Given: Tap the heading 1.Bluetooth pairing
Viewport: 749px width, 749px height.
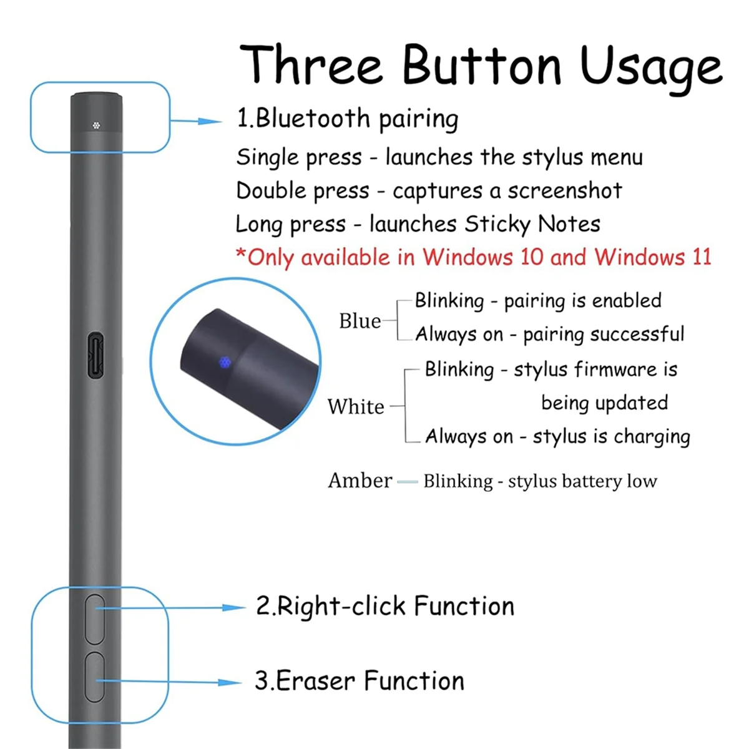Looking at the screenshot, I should [347, 119].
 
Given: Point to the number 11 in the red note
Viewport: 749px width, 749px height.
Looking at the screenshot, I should [701, 257].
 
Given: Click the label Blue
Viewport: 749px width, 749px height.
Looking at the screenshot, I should [360, 321].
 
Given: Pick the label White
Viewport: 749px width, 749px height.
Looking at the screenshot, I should [356, 406].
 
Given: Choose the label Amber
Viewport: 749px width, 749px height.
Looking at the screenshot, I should [360, 481].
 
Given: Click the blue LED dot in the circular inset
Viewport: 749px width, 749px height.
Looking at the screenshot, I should [225, 361].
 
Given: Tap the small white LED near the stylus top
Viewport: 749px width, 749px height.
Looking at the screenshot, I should [96, 125].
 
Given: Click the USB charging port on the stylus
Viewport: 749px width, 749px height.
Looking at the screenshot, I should [95, 355].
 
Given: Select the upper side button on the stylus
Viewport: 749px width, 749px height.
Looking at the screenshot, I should [95, 619].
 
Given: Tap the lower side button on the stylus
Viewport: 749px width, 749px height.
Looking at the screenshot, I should [95, 677].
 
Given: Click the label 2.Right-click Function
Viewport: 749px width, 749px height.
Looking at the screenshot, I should [385, 606].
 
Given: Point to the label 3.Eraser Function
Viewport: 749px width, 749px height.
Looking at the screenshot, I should [360, 681].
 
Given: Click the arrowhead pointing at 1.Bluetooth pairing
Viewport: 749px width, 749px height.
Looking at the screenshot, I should [211, 121].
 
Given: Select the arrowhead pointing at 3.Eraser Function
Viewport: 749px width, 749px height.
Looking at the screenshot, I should [231, 683].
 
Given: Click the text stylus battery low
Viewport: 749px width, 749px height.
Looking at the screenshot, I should [582, 481].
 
